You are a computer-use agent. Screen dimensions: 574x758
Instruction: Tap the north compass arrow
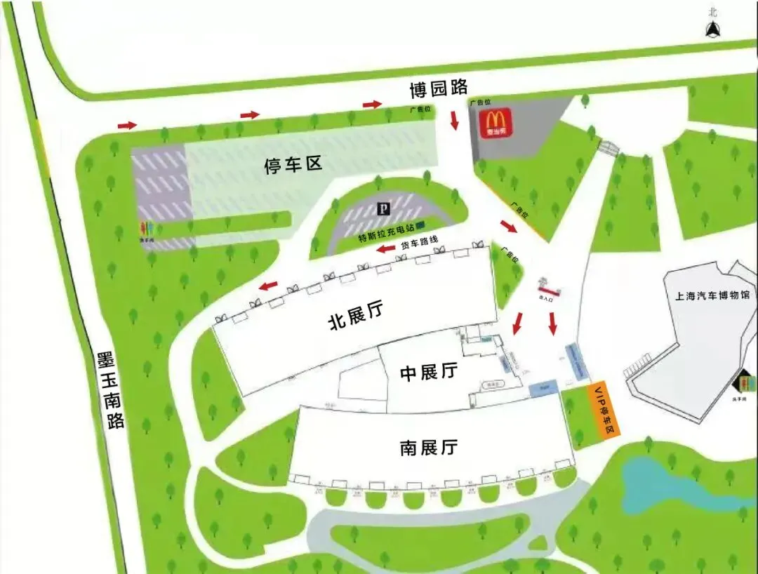click(713, 28)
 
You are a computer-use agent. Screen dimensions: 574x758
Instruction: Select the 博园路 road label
click(439, 88)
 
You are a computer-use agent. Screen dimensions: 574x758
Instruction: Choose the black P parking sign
click(383, 208)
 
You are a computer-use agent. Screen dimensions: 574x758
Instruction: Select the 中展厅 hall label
click(429, 371)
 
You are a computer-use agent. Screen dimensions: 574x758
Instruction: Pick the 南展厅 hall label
click(429, 447)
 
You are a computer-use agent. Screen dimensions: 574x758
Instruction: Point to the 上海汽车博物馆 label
click(707, 295)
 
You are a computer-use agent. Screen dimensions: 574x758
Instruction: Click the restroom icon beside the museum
click(747, 383)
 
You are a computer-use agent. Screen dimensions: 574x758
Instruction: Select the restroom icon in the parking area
click(148, 229)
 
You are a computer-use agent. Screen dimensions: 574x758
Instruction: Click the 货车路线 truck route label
click(419, 243)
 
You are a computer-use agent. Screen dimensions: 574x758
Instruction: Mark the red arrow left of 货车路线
click(385, 249)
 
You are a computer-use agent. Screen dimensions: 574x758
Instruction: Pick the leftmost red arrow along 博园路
click(126, 125)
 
